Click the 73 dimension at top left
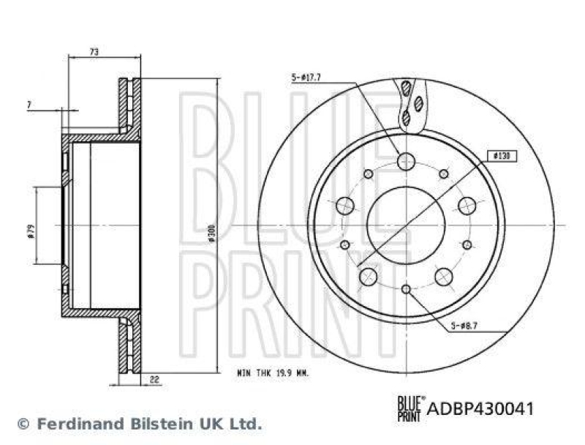click(94, 51)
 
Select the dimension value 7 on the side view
click(29, 105)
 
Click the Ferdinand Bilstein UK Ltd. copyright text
click(138, 423)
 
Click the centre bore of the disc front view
click(405, 225)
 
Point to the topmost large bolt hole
click(406, 161)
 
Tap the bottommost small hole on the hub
click(406, 289)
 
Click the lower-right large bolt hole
click(443, 276)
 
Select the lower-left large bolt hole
click(368, 276)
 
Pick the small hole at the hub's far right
click(467, 244)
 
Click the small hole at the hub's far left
click(344, 244)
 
